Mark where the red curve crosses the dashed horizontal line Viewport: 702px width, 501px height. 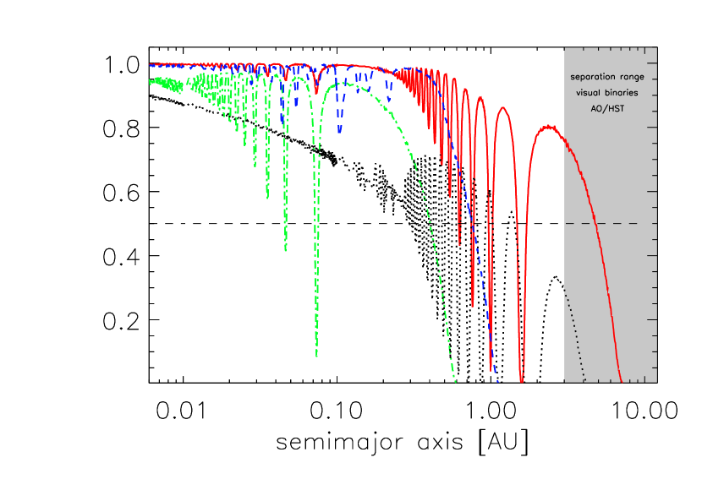[x=595, y=223]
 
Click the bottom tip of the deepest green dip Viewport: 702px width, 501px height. [x=317, y=356]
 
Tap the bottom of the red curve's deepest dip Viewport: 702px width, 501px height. [x=521, y=381]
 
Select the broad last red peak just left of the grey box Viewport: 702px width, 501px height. [x=548, y=127]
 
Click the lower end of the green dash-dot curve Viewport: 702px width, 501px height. [x=455, y=381]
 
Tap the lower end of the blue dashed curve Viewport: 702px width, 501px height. [x=497, y=381]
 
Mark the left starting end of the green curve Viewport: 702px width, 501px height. [x=151, y=82]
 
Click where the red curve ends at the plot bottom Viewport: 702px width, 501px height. [x=622, y=381]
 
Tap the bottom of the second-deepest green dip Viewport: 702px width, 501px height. [x=285, y=250]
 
